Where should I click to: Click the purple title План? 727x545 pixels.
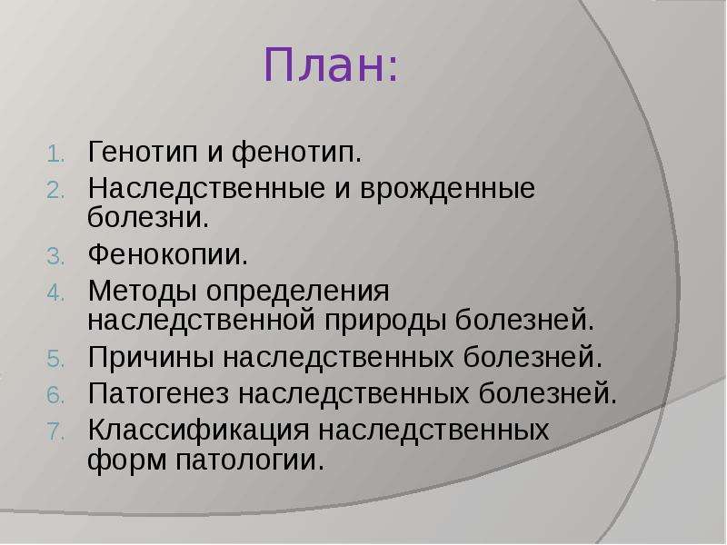[331, 65]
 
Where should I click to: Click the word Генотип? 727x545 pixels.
[143, 152]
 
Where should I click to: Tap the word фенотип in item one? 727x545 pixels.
[296, 152]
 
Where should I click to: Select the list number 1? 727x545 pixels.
[55, 154]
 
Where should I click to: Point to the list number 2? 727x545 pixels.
[55, 191]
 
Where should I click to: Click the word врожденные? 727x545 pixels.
[447, 189]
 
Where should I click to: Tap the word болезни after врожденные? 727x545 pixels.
[148, 217]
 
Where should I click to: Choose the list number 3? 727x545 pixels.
[55, 257]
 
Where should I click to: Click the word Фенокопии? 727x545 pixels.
[168, 254]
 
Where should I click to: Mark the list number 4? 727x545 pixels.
[55, 293]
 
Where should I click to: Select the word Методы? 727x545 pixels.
[142, 292]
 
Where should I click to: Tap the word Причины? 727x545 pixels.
[151, 357]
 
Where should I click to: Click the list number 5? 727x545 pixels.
[55, 360]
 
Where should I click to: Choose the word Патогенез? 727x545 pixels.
[158, 393]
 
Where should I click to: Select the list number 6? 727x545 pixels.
[55, 396]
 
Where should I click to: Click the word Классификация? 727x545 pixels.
[198, 431]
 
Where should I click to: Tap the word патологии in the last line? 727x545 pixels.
[249, 461]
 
